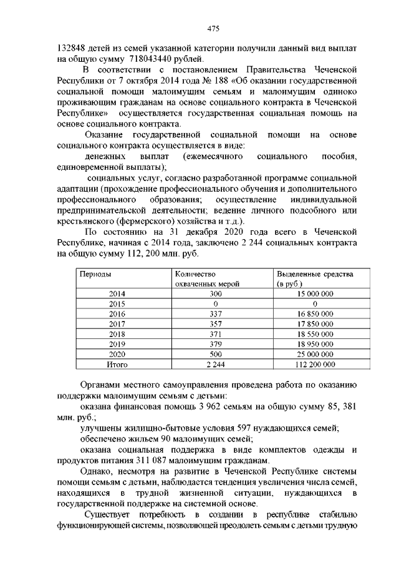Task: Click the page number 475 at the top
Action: tap(213, 29)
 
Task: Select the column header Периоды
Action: tap(94, 274)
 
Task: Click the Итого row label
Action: tap(117, 363)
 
